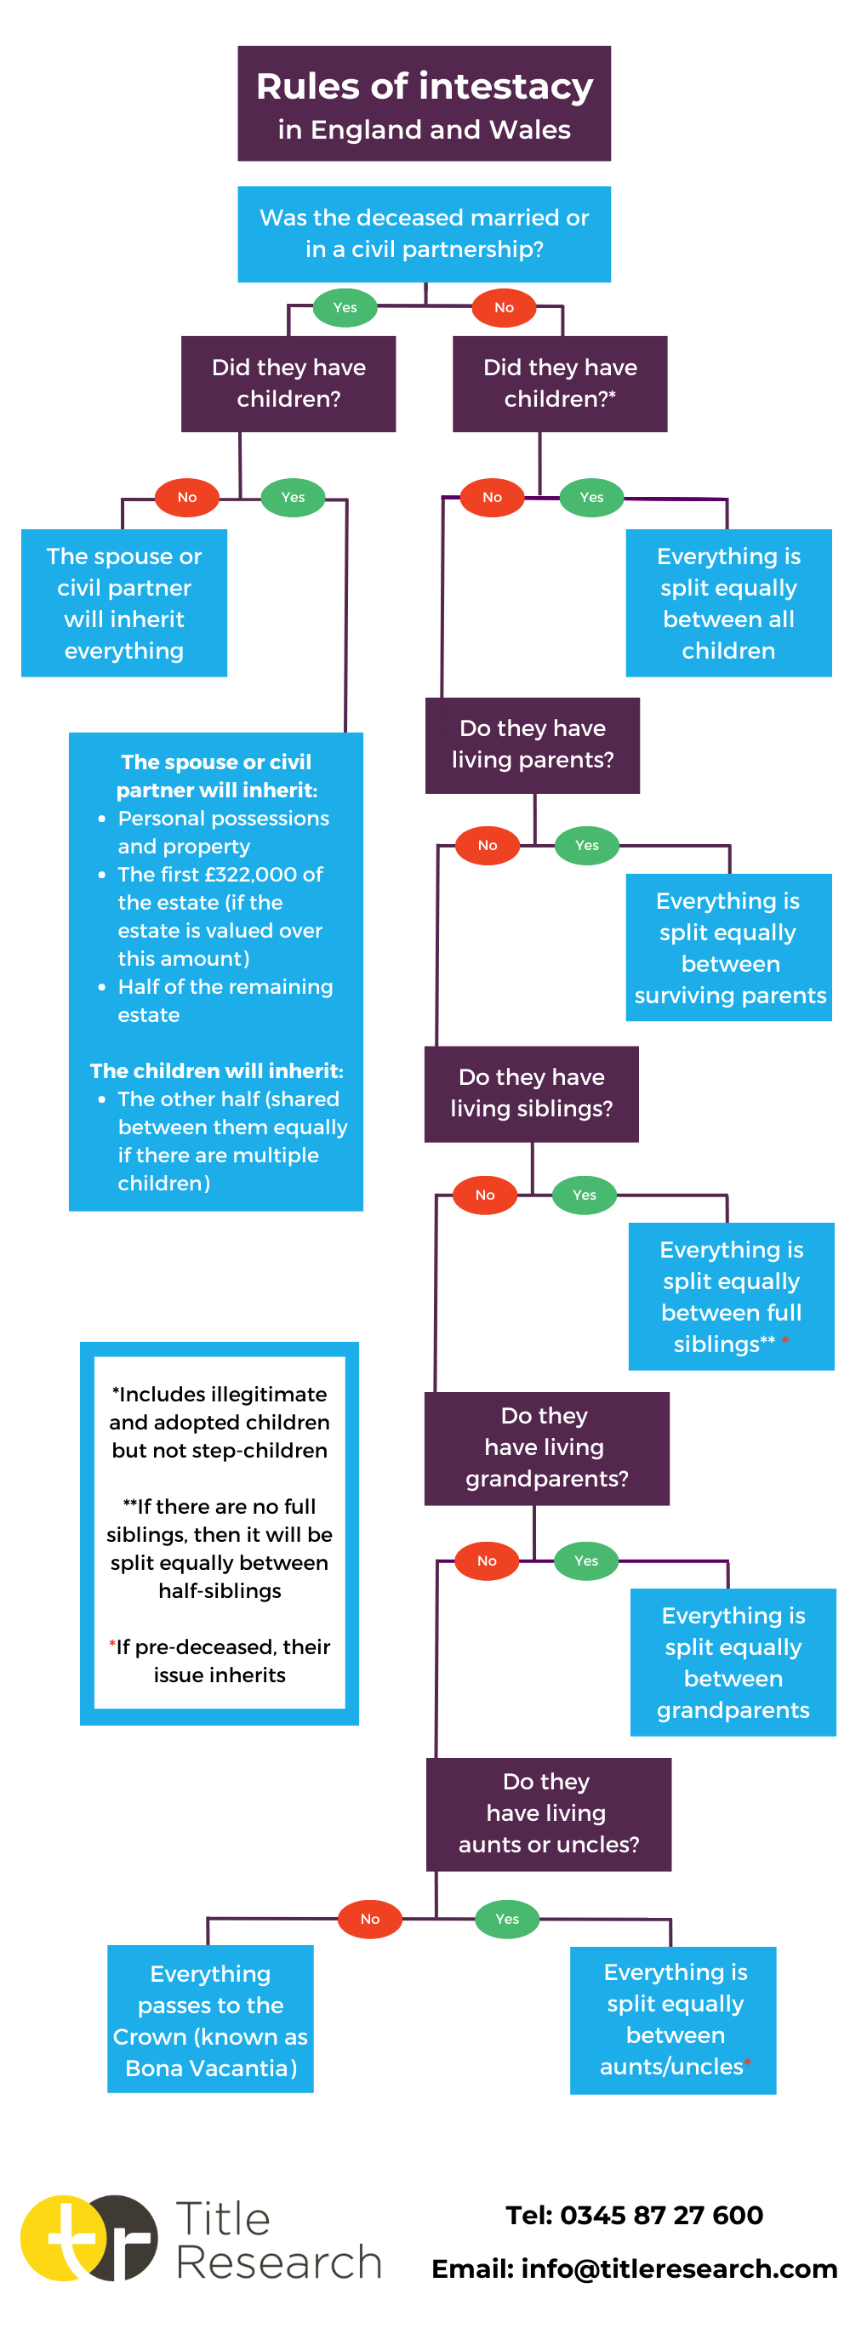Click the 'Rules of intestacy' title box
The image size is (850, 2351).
coord(424,103)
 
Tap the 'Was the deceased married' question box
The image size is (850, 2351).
coord(424,234)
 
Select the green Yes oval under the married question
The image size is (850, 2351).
coord(345,307)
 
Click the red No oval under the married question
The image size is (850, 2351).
coord(503,307)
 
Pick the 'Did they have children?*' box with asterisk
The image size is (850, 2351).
coord(559,383)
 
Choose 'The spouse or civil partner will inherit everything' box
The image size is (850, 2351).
coord(123,602)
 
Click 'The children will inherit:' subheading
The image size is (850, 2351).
coord(216,1070)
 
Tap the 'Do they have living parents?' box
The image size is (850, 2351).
coord(532,745)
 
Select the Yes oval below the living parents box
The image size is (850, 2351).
coord(586,845)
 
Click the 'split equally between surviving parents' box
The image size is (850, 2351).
coord(727,947)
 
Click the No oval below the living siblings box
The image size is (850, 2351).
coord(484,1195)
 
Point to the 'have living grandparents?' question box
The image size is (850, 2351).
coord(546,1447)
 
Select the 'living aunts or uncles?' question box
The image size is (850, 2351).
coord(548,1813)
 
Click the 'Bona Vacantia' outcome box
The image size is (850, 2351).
coord(210,2019)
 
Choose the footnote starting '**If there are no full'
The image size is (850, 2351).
coord(220,1548)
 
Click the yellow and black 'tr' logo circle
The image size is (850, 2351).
coord(88,2238)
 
